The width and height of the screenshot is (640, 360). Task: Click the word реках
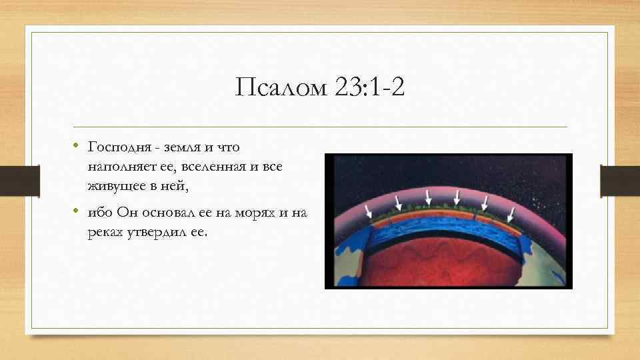click(104, 233)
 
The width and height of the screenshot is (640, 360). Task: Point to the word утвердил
click(159, 233)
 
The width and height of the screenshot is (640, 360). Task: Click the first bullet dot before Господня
click(77, 143)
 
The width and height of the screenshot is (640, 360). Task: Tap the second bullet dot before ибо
click(77, 211)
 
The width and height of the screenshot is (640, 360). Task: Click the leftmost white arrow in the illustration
click(369, 210)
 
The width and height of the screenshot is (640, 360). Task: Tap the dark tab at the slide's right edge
click(620, 181)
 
